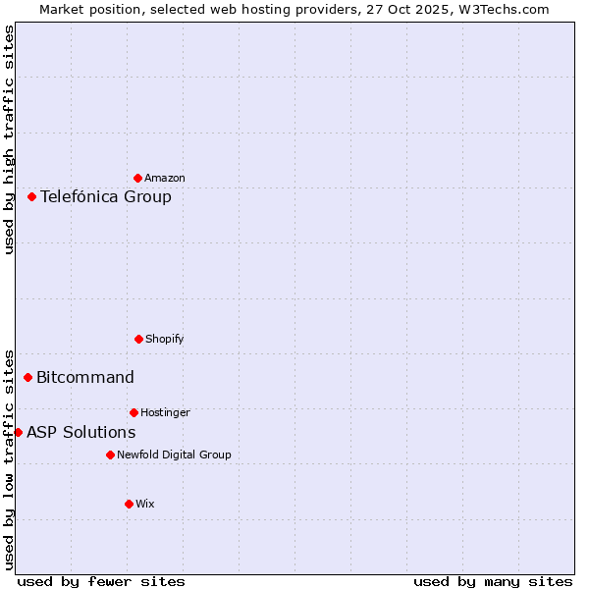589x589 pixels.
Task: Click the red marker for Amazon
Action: (x=138, y=178)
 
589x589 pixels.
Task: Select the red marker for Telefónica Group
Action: (x=32, y=196)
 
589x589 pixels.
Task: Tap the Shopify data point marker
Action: (x=138, y=339)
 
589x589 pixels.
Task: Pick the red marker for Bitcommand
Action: (x=28, y=377)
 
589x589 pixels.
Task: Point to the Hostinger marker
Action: (x=134, y=412)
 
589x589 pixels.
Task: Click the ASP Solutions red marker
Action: (x=18, y=432)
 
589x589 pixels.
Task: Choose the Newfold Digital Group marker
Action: (x=110, y=455)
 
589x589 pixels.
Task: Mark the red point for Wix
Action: (x=129, y=504)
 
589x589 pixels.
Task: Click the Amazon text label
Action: (x=165, y=178)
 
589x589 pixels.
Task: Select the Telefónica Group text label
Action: (x=106, y=196)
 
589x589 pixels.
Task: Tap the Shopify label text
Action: (x=165, y=339)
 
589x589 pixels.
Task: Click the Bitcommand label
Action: (x=85, y=377)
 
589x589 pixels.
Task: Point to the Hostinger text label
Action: (x=165, y=412)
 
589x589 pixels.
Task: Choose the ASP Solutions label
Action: (x=81, y=432)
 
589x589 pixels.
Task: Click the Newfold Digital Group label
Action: (x=174, y=455)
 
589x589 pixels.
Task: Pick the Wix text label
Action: (x=145, y=504)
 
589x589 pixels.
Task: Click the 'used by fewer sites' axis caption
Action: (x=101, y=581)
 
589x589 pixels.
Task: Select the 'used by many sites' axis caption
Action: (x=493, y=581)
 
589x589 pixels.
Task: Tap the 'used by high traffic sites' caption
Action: (x=9, y=139)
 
